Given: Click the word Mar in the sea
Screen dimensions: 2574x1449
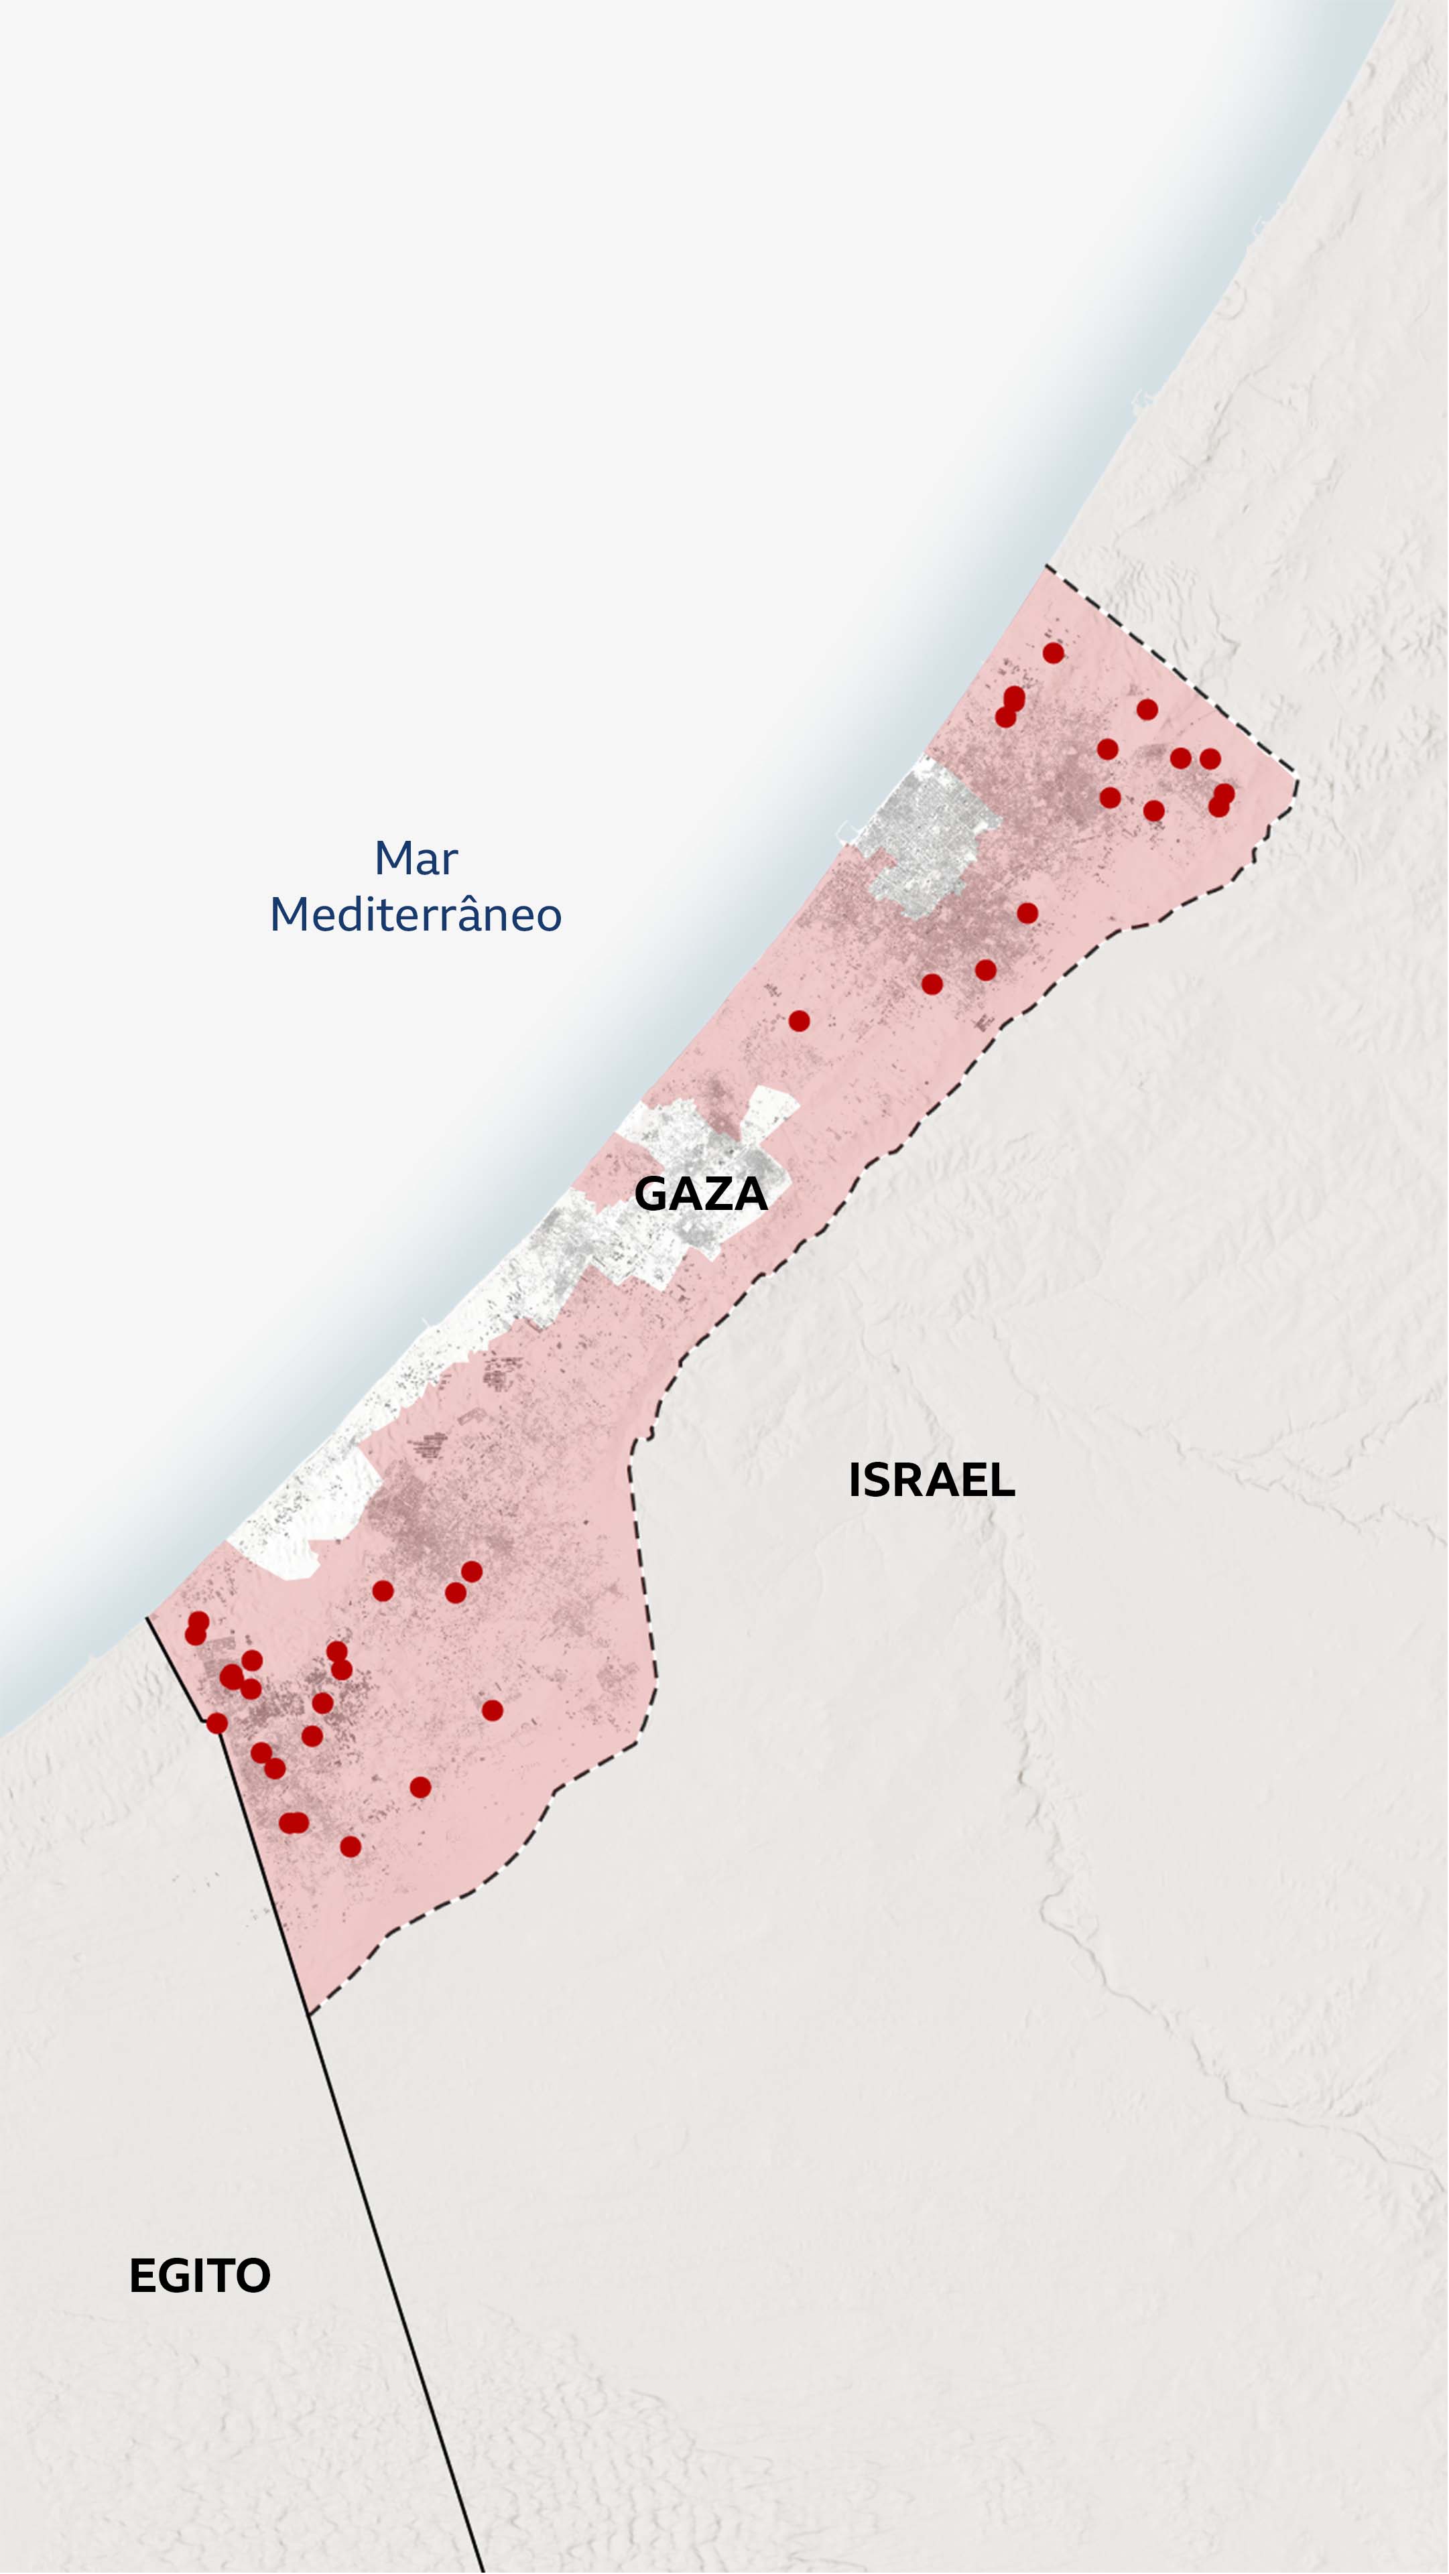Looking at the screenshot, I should pos(416,858).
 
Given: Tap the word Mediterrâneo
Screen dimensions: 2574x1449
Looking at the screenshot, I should pos(416,915).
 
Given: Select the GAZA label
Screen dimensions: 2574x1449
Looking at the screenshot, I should pos(700,1194).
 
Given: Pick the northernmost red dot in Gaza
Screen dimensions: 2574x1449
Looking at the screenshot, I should pos(1054,653).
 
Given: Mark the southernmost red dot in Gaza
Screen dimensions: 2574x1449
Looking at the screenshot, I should pos(350,1846).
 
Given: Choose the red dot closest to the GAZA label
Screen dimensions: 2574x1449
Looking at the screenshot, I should pos(798,1020).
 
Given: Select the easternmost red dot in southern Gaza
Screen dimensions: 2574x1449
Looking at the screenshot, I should pos(492,1710).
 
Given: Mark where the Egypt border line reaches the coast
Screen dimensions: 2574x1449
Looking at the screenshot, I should pos(148,1616).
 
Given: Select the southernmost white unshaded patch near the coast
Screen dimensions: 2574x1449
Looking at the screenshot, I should pos(300,1519).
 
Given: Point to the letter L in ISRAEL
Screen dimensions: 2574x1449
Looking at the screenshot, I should pos(1003,1481).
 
